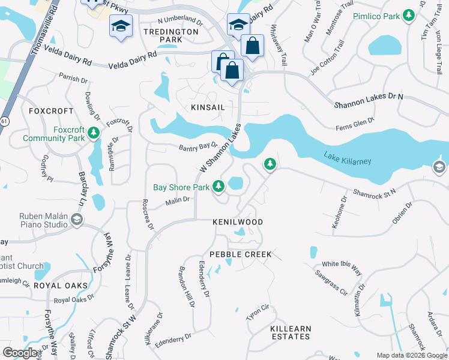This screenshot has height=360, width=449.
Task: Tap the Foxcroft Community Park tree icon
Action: tap(93, 132)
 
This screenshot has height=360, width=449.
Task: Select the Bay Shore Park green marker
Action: tap(219, 187)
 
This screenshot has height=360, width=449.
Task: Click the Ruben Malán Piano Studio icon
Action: tap(76, 220)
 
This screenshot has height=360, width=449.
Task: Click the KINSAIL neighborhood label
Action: tap(192, 106)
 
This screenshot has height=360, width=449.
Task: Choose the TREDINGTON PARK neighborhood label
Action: tap(171, 35)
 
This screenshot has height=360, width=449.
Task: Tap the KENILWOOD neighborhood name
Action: tap(238, 222)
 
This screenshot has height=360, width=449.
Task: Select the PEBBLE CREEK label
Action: tap(241, 254)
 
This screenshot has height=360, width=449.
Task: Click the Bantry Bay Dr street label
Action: tap(197, 146)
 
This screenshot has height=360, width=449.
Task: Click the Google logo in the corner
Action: tap(20, 353)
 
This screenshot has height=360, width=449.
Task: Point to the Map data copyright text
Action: tap(411, 355)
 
